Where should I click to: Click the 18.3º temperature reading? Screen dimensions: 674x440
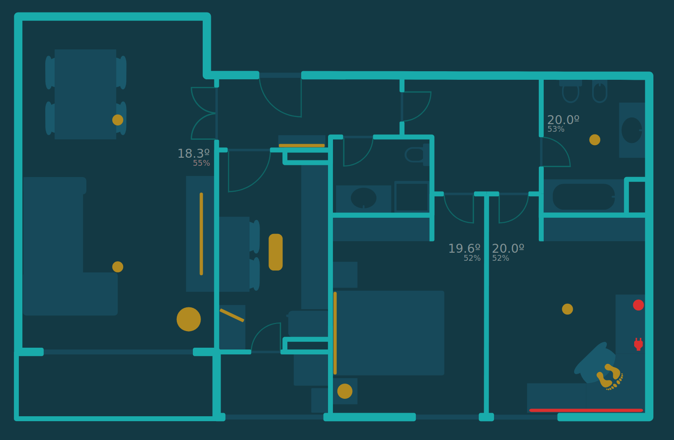(193, 154)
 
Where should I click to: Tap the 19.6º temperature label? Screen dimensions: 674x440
(464, 249)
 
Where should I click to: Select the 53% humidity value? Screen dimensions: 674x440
(556, 129)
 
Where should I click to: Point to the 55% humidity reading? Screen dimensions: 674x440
(201, 164)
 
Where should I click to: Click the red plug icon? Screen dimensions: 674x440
(638, 344)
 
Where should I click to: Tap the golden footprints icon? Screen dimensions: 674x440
(610, 376)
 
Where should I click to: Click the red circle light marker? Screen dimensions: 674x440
(638, 305)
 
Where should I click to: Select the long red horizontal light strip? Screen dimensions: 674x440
(586, 410)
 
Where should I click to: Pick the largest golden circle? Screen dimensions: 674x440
(188, 319)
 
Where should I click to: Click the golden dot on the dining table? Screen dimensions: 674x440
(118, 120)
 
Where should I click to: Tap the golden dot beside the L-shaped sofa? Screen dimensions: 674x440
(118, 267)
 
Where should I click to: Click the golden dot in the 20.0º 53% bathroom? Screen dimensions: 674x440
(595, 140)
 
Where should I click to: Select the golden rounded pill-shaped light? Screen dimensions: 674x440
(276, 252)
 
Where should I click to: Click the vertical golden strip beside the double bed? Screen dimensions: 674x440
(335, 333)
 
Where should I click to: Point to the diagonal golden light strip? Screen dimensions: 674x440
(232, 315)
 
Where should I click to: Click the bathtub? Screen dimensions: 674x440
(584, 197)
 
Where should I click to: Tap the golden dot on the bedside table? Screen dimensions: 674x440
(345, 391)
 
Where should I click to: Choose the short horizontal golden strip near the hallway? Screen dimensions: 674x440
(302, 146)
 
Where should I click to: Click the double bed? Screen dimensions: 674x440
(390, 333)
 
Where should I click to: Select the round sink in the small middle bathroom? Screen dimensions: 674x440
(363, 198)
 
